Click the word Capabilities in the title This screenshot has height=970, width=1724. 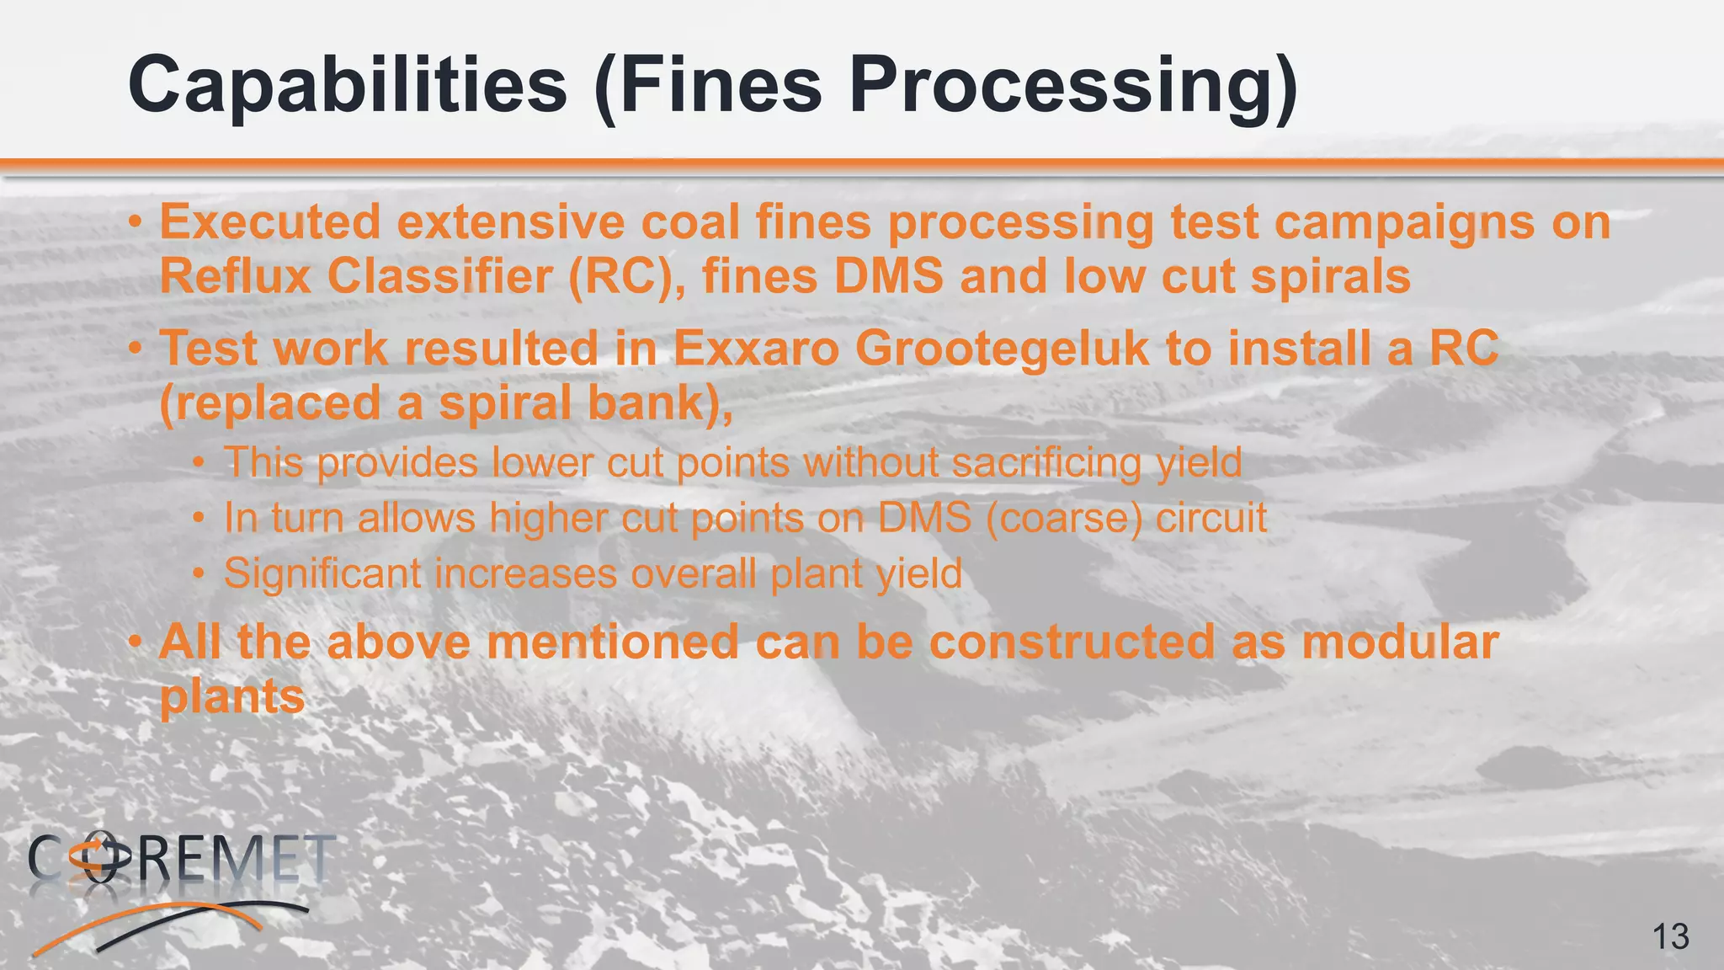tap(347, 86)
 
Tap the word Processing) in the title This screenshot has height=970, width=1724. tap(1073, 86)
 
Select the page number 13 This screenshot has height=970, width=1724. tap(1671, 936)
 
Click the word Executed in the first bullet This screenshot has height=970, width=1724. tap(270, 222)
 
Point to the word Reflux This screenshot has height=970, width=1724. tap(236, 276)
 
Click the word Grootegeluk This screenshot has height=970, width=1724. tap(1002, 348)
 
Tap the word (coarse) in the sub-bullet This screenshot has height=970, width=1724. tap(1064, 518)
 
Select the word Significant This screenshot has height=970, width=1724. tap(322, 574)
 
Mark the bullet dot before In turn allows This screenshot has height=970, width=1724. tap(198, 519)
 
